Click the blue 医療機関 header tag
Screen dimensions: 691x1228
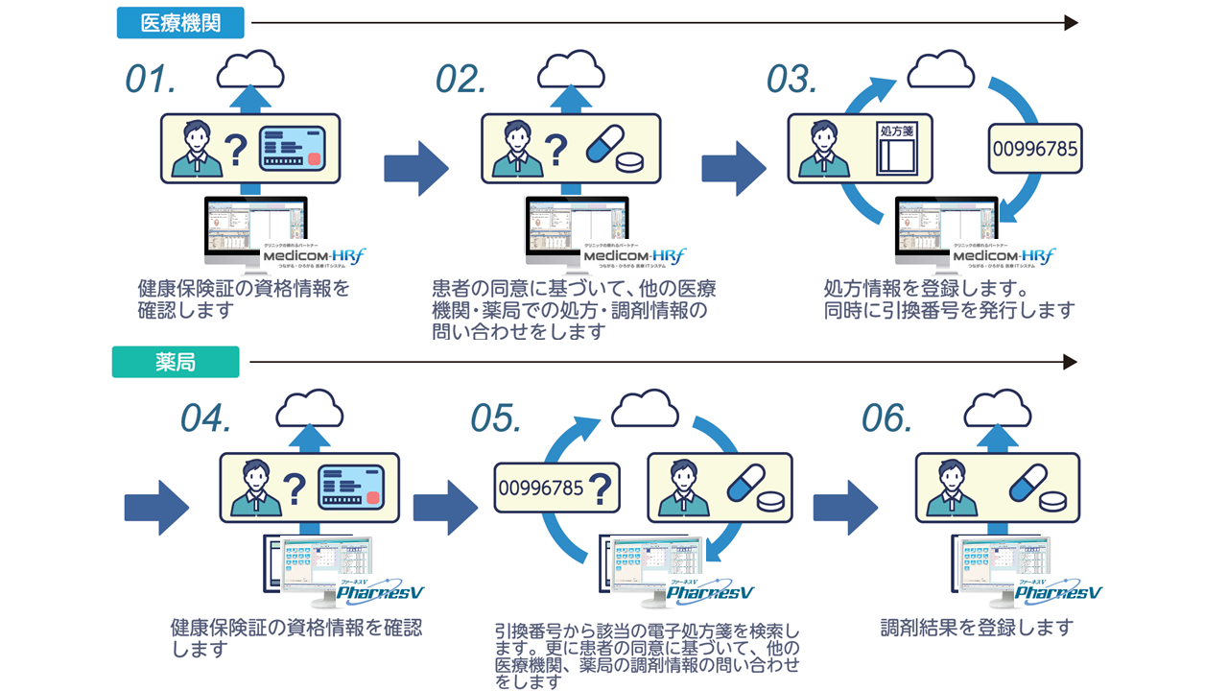179,23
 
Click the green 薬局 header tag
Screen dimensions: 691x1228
175,362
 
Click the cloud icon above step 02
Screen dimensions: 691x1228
571,70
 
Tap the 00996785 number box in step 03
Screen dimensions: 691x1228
1034,149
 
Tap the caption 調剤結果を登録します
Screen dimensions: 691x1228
977,628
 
